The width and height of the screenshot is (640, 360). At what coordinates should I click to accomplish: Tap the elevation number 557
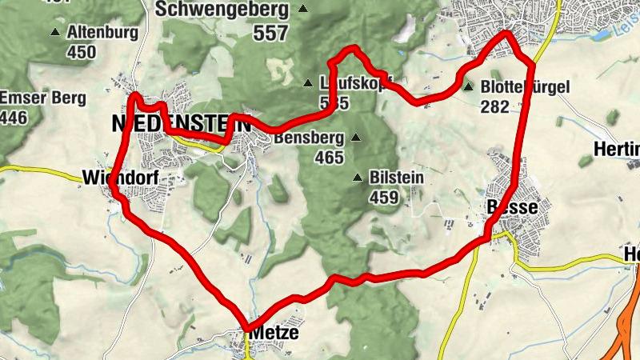coord(271,34)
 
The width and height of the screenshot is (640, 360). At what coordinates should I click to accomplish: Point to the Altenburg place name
coord(102,33)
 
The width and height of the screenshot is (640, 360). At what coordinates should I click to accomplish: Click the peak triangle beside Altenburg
coord(55,33)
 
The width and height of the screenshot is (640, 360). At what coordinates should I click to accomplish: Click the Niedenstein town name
coord(181,124)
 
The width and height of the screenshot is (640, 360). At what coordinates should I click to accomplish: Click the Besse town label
coord(512,207)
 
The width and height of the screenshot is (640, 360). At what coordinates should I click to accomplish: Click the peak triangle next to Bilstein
coord(358,177)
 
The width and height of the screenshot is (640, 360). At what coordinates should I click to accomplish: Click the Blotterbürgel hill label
coord(525,87)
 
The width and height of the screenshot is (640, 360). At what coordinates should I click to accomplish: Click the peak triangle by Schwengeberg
coord(303,10)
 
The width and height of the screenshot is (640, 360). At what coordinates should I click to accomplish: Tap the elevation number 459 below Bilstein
coord(385,197)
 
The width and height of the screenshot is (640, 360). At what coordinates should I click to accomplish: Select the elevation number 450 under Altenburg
coord(82,53)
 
